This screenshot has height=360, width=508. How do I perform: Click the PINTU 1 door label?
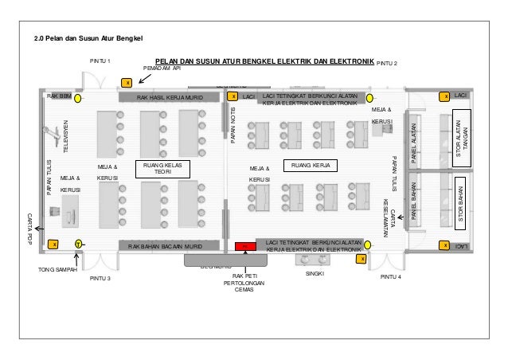pyautogui.click(x=100, y=61)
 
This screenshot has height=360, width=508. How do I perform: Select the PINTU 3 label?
pyautogui.click(x=100, y=280)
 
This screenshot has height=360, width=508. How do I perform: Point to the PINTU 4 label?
pyautogui.click(x=391, y=277)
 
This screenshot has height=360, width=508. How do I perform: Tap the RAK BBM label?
pyautogui.click(x=59, y=96)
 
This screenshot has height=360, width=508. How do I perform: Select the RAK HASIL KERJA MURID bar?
pyautogui.click(x=170, y=97)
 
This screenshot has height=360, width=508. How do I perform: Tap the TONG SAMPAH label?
pyautogui.click(x=57, y=271)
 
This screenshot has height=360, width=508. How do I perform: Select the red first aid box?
pyautogui.click(x=245, y=246)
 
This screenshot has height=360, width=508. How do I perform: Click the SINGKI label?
pyautogui.click(x=317, y=272)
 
